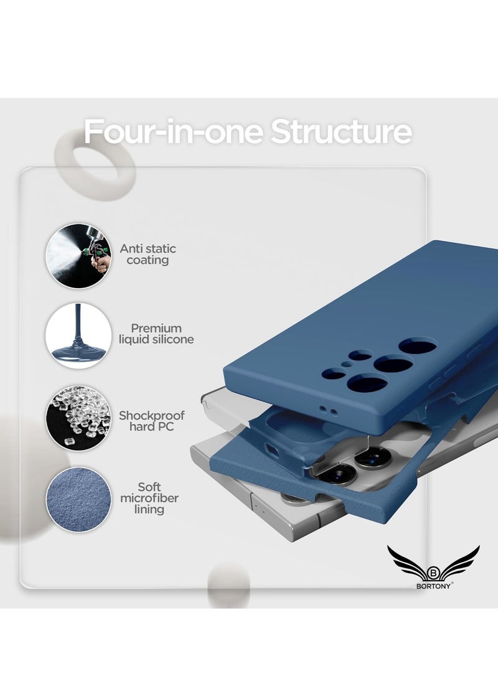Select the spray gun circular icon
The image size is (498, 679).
pyautogui.click(x=78, y=256)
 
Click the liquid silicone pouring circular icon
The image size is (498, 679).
pyautogui.click(x=78, y=335)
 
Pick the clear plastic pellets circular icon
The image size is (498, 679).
pyautogui.click(x=78, y=418)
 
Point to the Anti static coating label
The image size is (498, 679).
pyautogui.click(x=151, y=254)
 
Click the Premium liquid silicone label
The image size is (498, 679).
pyautogui.click(x=156, y=334)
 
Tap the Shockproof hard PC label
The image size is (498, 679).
pyautogui.click(x=151, y=421)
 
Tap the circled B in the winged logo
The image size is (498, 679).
pyautogui.click(x=433, y=571)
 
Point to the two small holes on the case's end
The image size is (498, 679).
pyautogui.click(x=328, y=410)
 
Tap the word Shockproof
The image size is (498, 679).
pyautogui.click(x=151, y=414)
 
